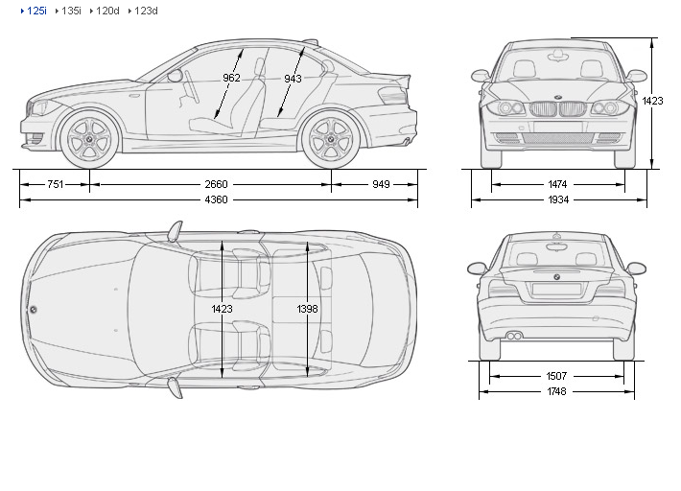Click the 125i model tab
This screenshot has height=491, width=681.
[36, 11]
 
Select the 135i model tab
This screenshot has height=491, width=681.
[71, 11]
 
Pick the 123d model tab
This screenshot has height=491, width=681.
[146, 11]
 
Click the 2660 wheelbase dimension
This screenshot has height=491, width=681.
[216, 183]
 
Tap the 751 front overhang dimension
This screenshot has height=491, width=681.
[55, 183]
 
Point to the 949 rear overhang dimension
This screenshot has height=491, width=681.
[382, 183]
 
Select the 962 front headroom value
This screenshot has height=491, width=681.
[231, 79]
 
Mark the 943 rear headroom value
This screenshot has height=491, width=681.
[293, 79]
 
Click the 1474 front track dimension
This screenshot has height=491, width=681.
[557, 183]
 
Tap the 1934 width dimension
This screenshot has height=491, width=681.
[557, 200]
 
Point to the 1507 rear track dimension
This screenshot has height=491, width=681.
[556, 376]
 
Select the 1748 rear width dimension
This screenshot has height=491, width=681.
[556, 392]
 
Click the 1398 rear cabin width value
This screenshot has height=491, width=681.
[307, 309]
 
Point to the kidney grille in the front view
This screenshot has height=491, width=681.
[556, 108]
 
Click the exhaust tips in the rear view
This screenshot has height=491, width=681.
[515, 336]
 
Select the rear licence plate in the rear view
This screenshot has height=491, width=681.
[556, 289]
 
